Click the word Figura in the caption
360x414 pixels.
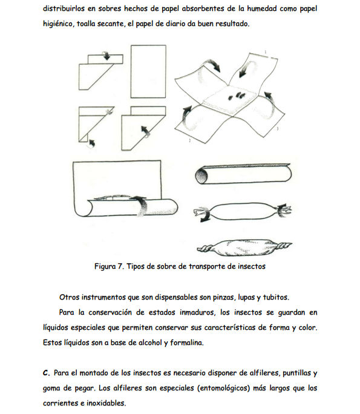point(105,266)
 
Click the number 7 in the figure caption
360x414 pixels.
point(120,266)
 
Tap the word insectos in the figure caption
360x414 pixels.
point(252,266)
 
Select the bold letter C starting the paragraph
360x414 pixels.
point(46,373)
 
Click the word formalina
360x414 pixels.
point(187,343)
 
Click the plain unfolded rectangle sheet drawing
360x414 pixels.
point(148,71)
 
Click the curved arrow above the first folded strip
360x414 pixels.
point(106,55)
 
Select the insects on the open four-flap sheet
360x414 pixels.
point(237,96)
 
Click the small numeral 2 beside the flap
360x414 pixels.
point(189,141)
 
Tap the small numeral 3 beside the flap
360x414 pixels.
point(277,128)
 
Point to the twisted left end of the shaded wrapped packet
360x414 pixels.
point(205,249)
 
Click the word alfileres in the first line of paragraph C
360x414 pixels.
point(265,373)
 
